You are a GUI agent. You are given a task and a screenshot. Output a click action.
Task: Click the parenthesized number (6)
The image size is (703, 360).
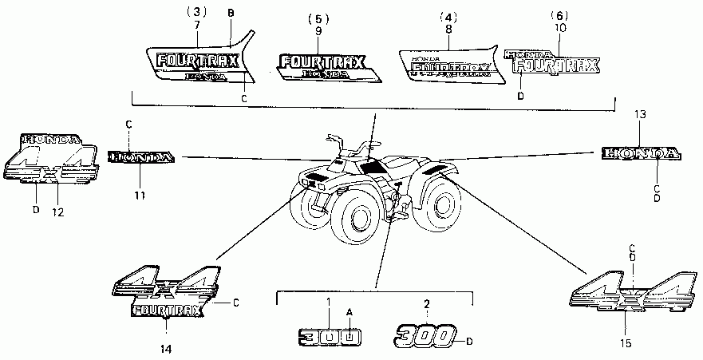click(561, 15)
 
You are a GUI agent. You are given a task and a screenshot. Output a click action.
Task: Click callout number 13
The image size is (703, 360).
click(641, 115)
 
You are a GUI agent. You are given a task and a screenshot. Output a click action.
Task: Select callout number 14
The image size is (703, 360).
click(164, 349)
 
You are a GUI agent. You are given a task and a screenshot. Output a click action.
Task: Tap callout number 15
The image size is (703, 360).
click(626, 343)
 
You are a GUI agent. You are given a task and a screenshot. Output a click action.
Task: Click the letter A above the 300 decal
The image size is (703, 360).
click(348, 311)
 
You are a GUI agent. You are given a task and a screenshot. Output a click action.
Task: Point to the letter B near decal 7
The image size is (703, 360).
click(231, 14)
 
